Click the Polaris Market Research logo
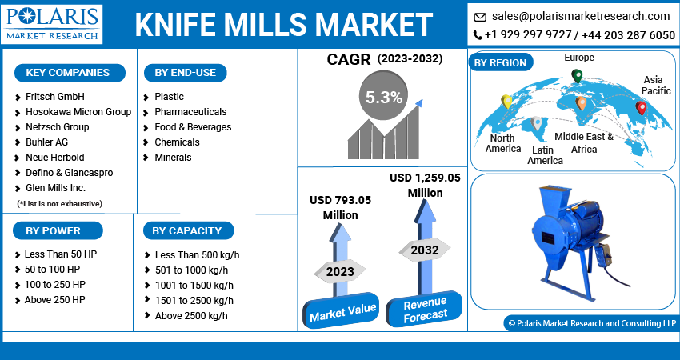click(52, 23)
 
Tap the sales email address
click(581, 16)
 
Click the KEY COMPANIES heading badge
click(68, 73)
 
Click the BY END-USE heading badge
click(185, 73)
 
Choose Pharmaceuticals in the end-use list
click(190, 112)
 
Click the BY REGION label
click(501, 62)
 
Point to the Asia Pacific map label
click(656, 85)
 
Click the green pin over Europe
click(576, 76)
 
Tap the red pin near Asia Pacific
click(640, 107)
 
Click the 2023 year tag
click(340, 272)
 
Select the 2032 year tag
click(425, 250)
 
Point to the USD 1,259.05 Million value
click(425, 185)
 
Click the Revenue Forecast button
click(425, 309)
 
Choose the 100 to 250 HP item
click(54, 285)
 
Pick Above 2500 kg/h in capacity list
click(190, 315)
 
